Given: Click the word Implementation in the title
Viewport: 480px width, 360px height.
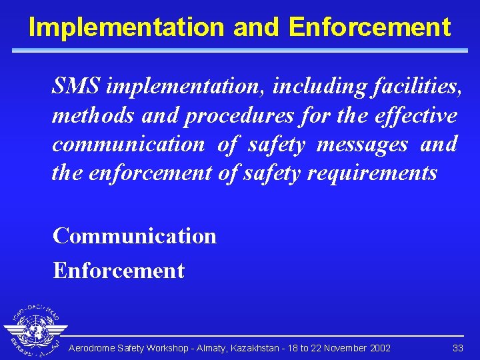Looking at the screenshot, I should tap(127, 27).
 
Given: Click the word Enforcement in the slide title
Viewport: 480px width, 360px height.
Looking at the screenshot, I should tap(370, 27).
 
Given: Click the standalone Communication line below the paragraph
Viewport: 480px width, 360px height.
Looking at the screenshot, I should tap(135, 236).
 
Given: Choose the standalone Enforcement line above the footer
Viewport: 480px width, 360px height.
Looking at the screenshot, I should tap(119, 271).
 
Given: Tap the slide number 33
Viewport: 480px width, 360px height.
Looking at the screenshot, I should tap(457, 348).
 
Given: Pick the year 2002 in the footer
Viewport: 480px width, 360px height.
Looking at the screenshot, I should tap(379, 348).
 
